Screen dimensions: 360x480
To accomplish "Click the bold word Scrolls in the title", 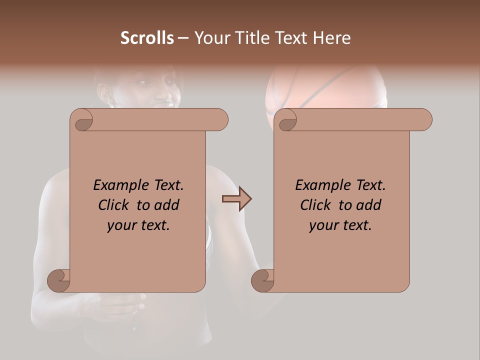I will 147,38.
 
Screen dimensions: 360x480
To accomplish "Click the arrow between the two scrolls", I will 236,199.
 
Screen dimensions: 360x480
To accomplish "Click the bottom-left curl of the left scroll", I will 58,280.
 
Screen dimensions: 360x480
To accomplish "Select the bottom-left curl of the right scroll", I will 262,280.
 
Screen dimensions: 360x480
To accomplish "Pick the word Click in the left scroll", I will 113,205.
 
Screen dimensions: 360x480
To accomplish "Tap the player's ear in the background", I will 104,93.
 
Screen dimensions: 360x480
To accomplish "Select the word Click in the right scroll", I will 315,205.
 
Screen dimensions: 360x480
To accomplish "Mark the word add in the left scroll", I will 167,205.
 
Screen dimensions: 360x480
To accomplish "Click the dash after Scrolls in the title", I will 183,38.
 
